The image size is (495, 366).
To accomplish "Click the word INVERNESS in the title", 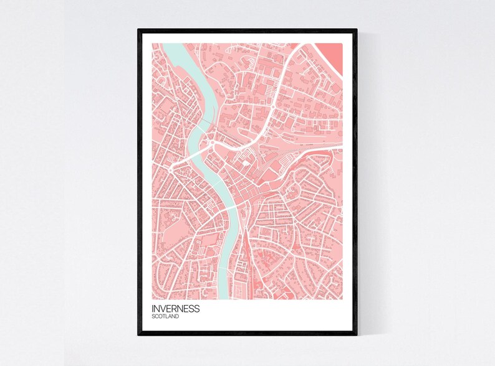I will (x=175, y=309).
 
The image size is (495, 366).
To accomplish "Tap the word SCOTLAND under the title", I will (x=165, y=317).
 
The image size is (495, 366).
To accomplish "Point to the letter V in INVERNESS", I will (x=163, y=309).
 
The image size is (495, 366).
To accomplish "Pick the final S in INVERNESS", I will (x=197, y=309).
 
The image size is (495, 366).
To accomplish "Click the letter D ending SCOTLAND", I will (x=178, y=317).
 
